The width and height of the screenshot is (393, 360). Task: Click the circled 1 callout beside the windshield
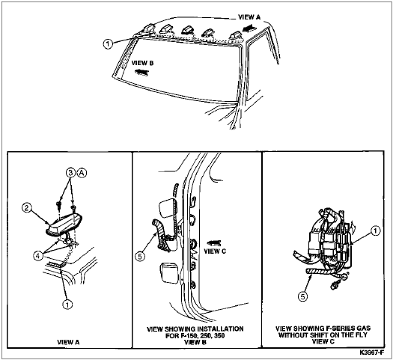point(108,44)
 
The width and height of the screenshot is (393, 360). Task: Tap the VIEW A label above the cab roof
point(249,17)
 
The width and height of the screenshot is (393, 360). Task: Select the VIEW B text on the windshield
point(142,63)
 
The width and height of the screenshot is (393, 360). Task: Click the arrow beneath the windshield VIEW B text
point(142,72)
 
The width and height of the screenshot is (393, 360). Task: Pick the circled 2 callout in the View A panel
point(26,207)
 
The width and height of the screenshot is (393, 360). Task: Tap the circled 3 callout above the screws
point(71,173)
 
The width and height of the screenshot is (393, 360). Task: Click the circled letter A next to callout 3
point(82,173)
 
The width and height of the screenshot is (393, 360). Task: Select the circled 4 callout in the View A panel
point(38,255)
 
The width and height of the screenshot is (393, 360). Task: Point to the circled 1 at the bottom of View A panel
point(67,304)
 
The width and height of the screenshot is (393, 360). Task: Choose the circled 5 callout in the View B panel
point(140,256)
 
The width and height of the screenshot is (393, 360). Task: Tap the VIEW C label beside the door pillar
point(215,251)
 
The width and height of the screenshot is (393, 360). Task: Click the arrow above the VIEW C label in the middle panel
point(213,242)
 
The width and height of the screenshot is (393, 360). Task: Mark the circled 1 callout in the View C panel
point(375,231)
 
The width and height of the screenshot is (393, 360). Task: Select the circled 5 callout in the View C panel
point(303,296)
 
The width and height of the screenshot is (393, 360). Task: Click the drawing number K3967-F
point(372,353)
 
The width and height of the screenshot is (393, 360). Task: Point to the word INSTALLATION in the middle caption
point(219,329)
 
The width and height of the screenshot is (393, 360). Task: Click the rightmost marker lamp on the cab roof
point(236,36)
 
